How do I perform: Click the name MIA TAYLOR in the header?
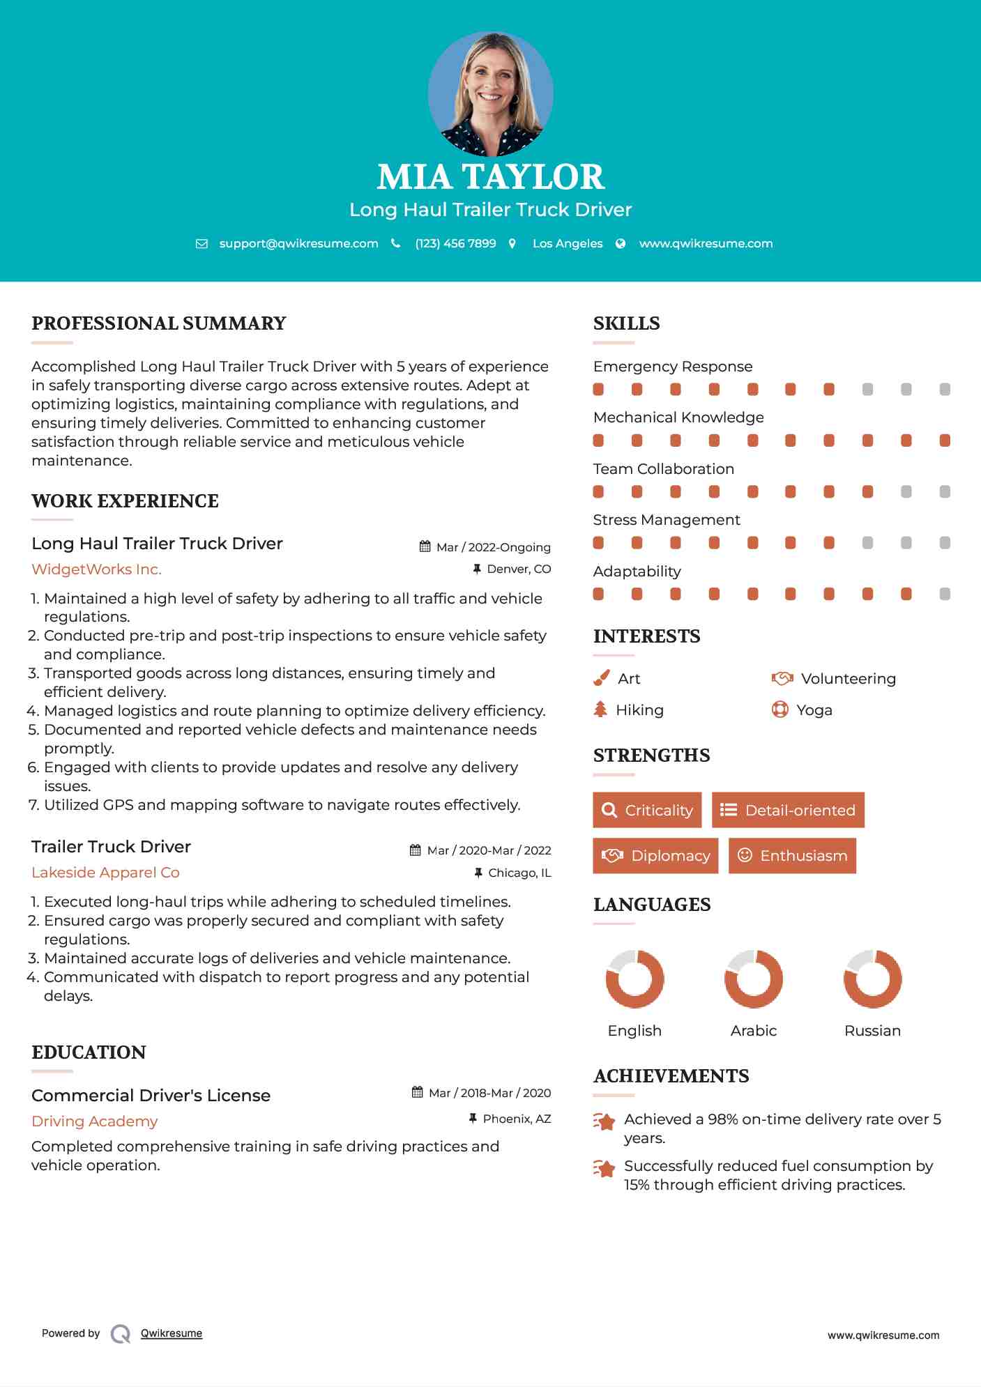490,177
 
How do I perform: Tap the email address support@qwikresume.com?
298,243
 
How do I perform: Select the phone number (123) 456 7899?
455,243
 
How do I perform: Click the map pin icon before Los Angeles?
512,243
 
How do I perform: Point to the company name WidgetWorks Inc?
96,569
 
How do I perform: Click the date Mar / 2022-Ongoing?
493,547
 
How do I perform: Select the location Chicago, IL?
519,873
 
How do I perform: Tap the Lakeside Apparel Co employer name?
105,873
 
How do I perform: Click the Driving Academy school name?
94,1121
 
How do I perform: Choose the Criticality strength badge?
647,810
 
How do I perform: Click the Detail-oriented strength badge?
788,810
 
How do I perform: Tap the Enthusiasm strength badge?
792,855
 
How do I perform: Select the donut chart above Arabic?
753,979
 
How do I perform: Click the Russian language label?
872,1031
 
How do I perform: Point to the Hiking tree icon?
600,710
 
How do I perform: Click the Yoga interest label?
814,710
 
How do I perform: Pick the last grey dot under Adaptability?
945,594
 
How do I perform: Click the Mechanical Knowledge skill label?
678,417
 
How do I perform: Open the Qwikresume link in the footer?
172,1333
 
